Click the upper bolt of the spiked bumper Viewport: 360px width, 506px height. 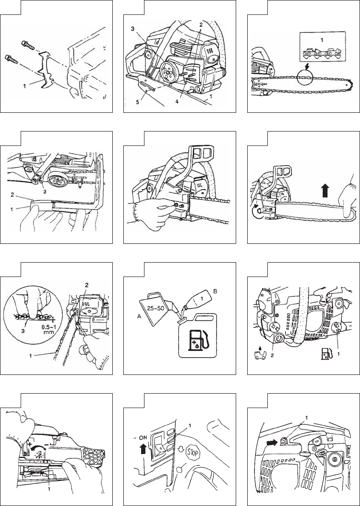pos(28,45)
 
